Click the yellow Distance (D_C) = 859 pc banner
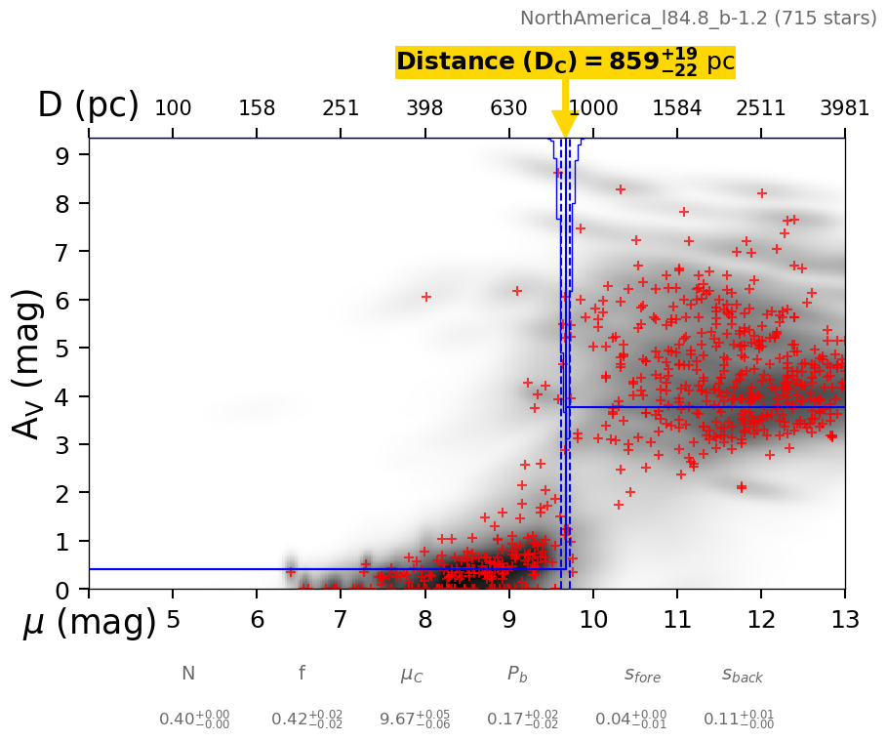point(565,62)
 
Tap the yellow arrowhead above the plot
point(565,124)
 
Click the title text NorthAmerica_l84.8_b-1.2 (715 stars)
point(698,18)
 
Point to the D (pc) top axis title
point(88,105)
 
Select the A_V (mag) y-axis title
point(28,363)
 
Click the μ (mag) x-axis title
point(89,622)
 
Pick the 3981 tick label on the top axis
point(844,107)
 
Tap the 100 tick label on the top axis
point(173,107)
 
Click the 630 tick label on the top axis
point(508,107)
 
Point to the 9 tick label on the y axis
point(60,155)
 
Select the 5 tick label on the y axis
point(60,349)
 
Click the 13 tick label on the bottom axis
point(844,620)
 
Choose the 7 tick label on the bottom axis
point(341,620)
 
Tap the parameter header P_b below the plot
point(518,675)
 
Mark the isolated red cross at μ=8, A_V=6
point(425,296)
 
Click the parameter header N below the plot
point(188,674)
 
